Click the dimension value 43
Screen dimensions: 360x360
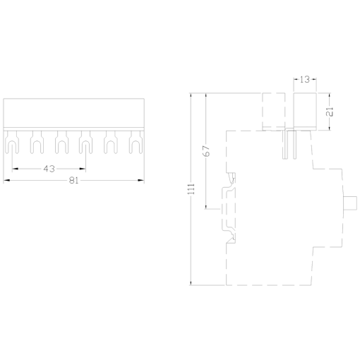pyautogui.click(x=49, y=169)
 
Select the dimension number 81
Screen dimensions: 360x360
pyautogui.click(x=74, y=180)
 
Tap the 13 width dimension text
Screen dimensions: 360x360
pyautogui.click(x=304, y=80)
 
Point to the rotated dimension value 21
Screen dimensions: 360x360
pyautogui.click(x=330, y=111)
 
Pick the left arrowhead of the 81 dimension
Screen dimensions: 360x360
pyautogui.click(x=7, y=180)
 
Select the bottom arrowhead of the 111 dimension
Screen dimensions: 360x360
pyautogui.click(x=191, y=282)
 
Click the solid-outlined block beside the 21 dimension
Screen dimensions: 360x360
pyautogui.click(x=304, y=111)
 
